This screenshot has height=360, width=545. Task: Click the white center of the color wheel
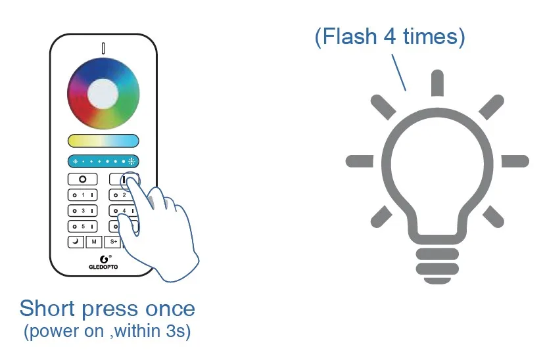click(103, 93)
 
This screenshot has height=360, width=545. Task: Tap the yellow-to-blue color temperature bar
click(103, 141)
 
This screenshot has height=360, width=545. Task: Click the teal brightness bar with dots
click(103, 161)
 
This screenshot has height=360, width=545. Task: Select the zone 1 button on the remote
click(83, 195)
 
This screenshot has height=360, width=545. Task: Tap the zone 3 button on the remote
click(83, 211)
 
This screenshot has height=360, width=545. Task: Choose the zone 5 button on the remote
click(83, 227)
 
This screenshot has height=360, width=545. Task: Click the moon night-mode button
click(76, 242)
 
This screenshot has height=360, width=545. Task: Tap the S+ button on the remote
click(114, 242)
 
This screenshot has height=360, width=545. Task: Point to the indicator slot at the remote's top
click(103, 49)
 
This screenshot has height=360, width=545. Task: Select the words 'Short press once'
click(107, 309)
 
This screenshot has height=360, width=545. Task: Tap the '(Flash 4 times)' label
click(389, 37)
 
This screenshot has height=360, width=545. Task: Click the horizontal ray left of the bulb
click(359, 161)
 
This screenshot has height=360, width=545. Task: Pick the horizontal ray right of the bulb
click(515, 161)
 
